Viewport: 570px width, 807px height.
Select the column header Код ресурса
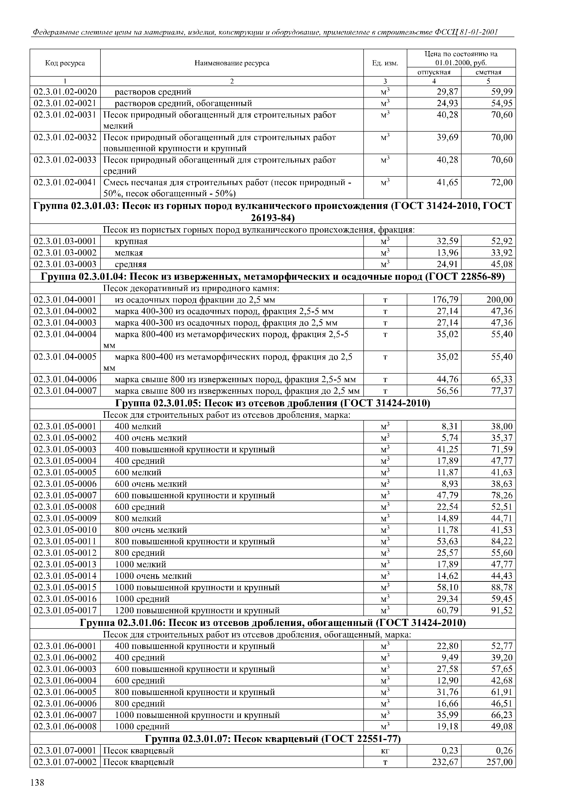click(x=65, y=63)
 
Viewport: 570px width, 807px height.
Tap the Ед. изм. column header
click(x=385, y=63)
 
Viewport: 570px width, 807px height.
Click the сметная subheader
click(x=488, y=72)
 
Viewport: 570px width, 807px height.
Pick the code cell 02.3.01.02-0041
click(x=65, y=182)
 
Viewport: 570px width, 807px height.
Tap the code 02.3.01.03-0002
click(x=65, y=253)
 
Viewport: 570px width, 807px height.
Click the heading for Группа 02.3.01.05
click(x=273, y=403)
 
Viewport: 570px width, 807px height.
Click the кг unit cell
click(x=385, y=751)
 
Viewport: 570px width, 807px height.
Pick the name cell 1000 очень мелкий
click(x=154, y=576)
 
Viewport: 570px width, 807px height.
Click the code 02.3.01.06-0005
click(x=65, y=692)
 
